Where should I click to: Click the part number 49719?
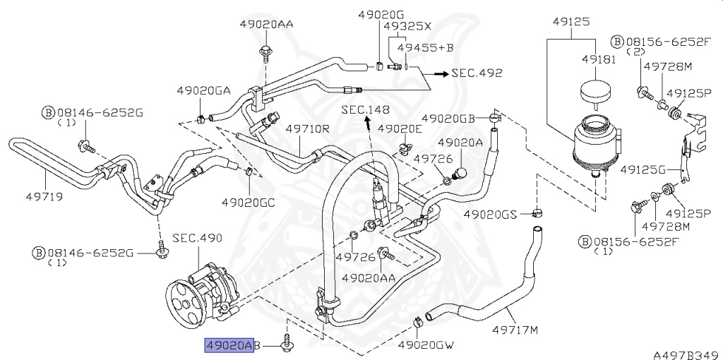pos(44,197)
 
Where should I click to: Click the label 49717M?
pos(515,330)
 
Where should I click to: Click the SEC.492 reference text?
pos(477,73)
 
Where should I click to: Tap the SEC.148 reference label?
pos(365,109)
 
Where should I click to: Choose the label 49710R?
pos(307,128)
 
